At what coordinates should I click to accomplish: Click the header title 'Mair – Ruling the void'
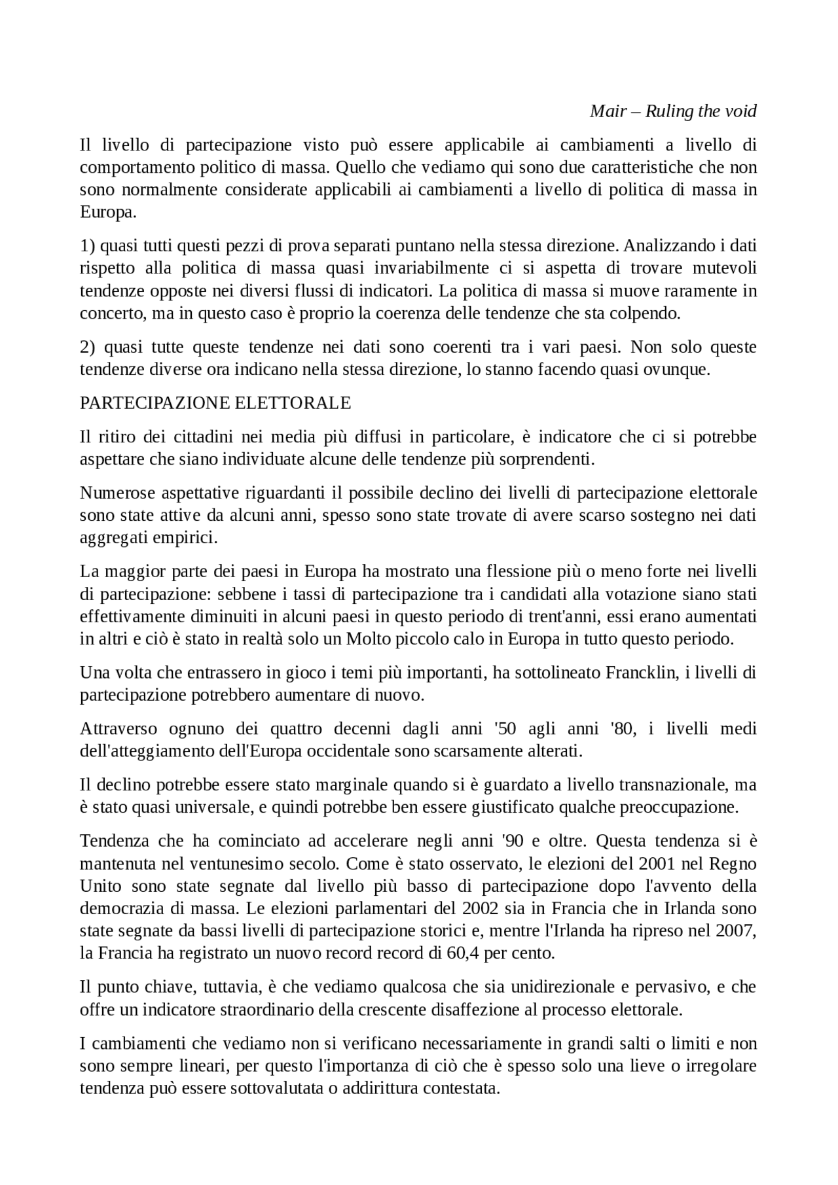pyautogui.click(x=673, y=111)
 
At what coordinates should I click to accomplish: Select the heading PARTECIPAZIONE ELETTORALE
pyautogui.click(x=215, y=403)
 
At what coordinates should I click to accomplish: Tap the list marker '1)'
pyautogui.click(x=88, y=246)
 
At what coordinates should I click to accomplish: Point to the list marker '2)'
pyautogui.click(x=88, y=347)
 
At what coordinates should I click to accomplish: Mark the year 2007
pyautogui.click(x=738, y=930)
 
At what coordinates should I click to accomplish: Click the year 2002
pyautogui.click(x=480, y=908)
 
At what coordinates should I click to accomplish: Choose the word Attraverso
pyautogui.click(x=120, y=729)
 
